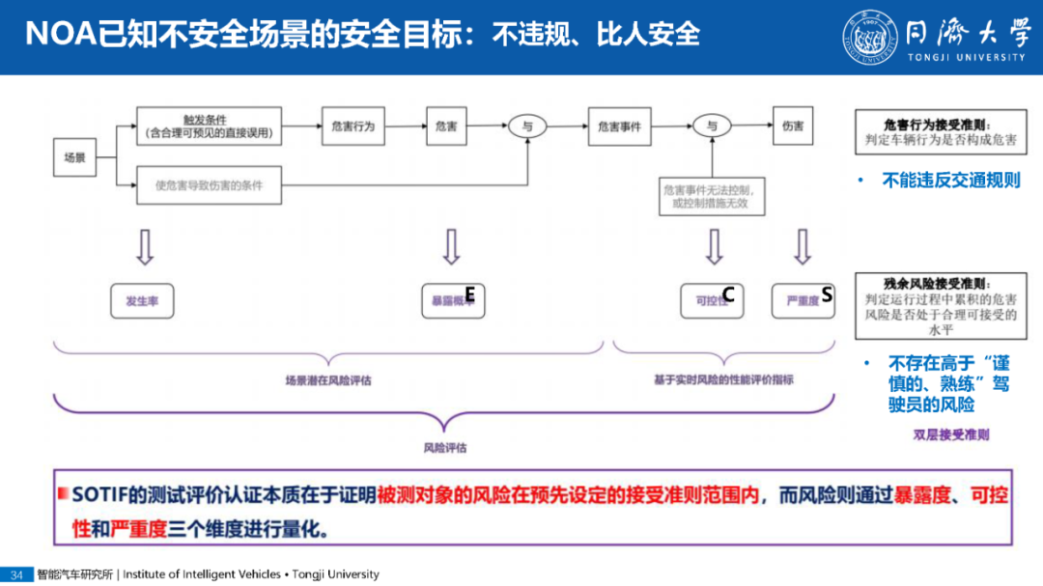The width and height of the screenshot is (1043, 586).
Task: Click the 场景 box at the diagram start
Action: coord(75,156)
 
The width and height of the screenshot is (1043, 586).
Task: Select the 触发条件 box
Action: coord(210,126)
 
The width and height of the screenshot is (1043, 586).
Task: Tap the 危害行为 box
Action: coord(352,126)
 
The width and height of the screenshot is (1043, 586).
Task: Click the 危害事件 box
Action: coord(620,126)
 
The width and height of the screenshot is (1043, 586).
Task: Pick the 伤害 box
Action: coord(793,126)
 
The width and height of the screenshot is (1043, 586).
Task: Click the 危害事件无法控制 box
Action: coord(713,197)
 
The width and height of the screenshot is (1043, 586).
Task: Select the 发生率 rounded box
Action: coord(142,301)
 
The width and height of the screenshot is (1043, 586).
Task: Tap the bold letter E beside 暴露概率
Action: coord(470,293)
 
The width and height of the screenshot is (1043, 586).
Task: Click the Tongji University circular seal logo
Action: coord(868,38)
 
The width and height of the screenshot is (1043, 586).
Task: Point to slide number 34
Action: coord(16,574)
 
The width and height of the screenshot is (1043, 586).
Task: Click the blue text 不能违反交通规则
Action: coord(950,181)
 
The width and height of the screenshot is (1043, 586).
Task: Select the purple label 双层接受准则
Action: coord(951,434)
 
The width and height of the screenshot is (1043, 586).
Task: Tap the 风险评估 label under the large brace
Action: coord(445,448)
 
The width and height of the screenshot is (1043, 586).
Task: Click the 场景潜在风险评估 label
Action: coord(328,380)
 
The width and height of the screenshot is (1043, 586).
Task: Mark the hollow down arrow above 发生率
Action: coord(145,247)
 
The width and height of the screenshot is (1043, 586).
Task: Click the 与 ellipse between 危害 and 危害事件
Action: coord(527,126)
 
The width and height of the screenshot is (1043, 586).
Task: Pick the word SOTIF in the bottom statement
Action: coord(100,496)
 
